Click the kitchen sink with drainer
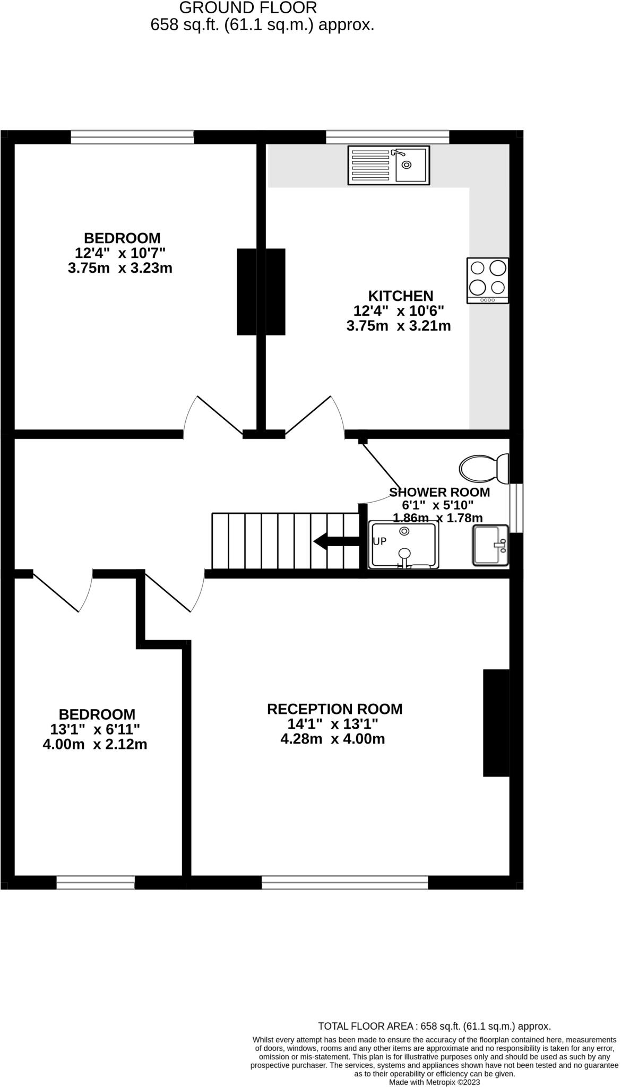click(389, 165)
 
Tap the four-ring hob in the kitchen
click(488, 280)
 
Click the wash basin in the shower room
click(490, 545)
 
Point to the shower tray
click(404, 545)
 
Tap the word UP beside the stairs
click(379, 541)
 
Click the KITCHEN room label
click(401, 296)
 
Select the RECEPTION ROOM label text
click(334, 709)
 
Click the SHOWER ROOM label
click(439, 492)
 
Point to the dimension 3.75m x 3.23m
click(120, 268)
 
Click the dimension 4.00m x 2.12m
click(95, 744)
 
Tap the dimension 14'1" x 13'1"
click(333, 724)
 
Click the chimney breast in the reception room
click(496, 723)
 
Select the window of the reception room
click(345, 882)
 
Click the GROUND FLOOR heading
click(248, 8)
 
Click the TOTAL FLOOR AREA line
click(434, 1026)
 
